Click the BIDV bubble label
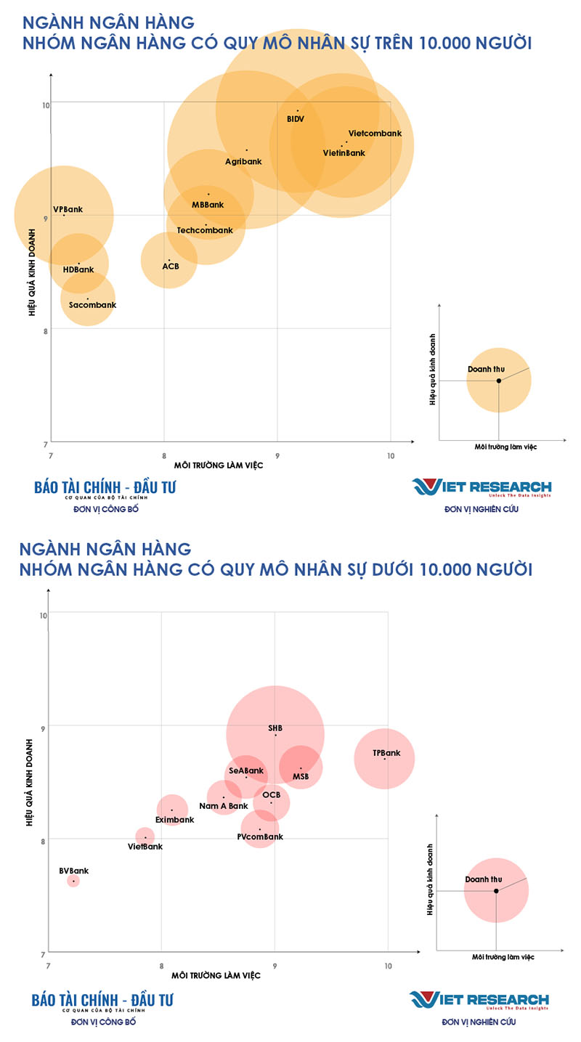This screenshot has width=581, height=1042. coord(296,118)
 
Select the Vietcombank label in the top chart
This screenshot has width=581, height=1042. coord(375,134)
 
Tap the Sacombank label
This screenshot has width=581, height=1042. coord(92,305)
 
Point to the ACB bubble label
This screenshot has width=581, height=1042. coord(171,266)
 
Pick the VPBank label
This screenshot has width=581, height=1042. coord(68,209)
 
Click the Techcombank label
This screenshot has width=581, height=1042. coord(205,230)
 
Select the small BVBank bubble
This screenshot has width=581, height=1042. coord(73,881)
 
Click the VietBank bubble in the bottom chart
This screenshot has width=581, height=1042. coord(145,837)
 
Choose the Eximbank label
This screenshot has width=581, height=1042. coord(175,820)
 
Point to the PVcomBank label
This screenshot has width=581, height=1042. coord(260,837)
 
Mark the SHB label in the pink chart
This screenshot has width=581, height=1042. coord(275,728)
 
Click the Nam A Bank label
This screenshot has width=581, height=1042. coord(224,806)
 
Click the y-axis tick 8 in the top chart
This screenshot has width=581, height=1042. coord(46,331)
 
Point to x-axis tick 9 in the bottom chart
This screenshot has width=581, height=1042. coord(275,966)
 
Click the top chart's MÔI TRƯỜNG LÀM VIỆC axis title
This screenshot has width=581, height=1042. coord(218,465)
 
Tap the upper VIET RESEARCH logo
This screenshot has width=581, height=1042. coord(482,487)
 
